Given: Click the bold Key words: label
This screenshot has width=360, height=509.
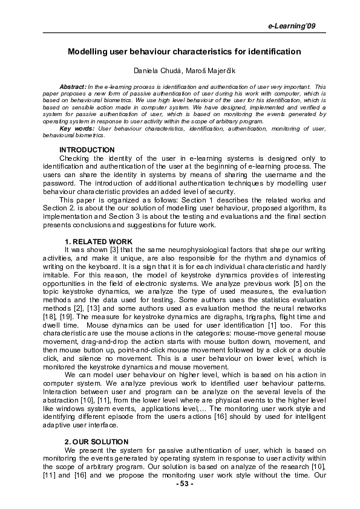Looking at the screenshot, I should click(77, 129).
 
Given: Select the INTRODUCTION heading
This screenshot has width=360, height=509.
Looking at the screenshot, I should click(87, 149).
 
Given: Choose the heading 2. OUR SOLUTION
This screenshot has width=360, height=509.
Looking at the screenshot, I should click(93, 443).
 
